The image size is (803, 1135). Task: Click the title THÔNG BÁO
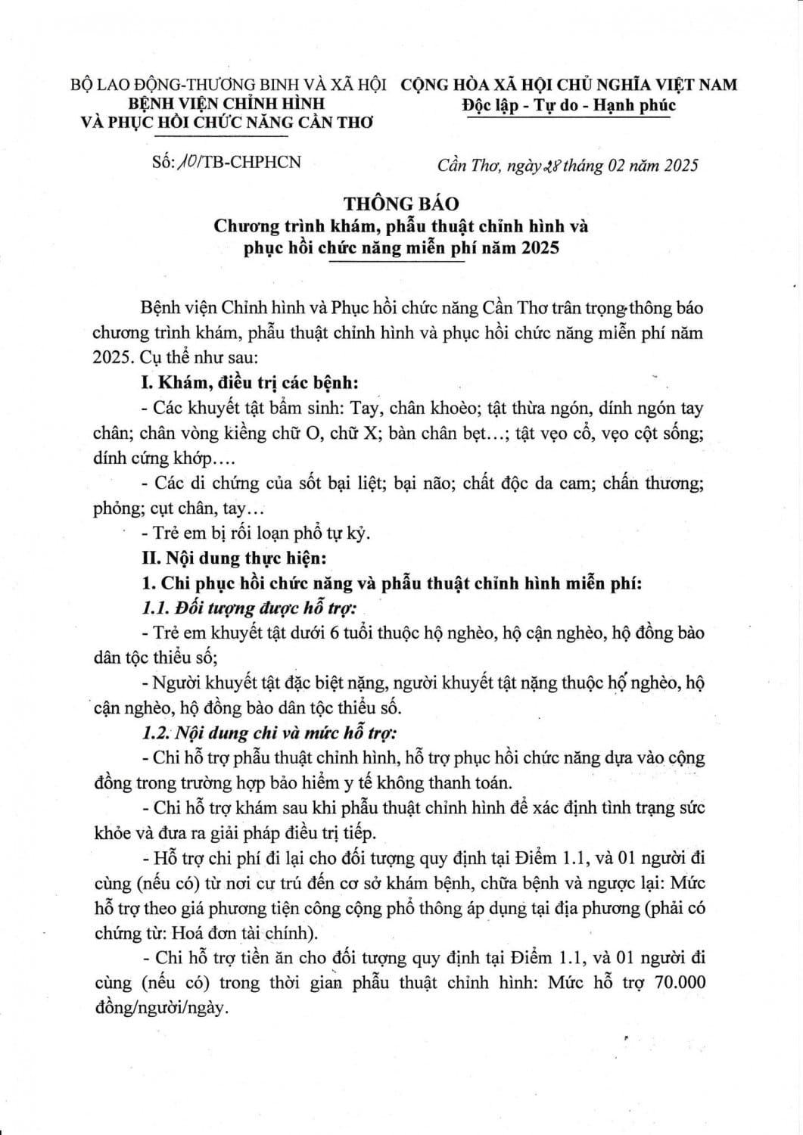[401, 204]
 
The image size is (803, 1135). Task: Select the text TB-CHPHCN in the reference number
[247, 163]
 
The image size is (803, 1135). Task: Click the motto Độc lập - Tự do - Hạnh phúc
[568, 105]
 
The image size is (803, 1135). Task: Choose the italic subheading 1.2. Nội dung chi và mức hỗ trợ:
[269, 732]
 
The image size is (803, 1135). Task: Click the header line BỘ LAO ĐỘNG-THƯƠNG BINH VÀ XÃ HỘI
[229, 85]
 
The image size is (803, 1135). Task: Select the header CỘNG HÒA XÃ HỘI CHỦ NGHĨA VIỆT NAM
[568, 85]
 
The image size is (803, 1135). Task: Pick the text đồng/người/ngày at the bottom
[160, 1008]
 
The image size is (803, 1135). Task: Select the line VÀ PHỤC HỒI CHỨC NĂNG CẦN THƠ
[226, 123]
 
